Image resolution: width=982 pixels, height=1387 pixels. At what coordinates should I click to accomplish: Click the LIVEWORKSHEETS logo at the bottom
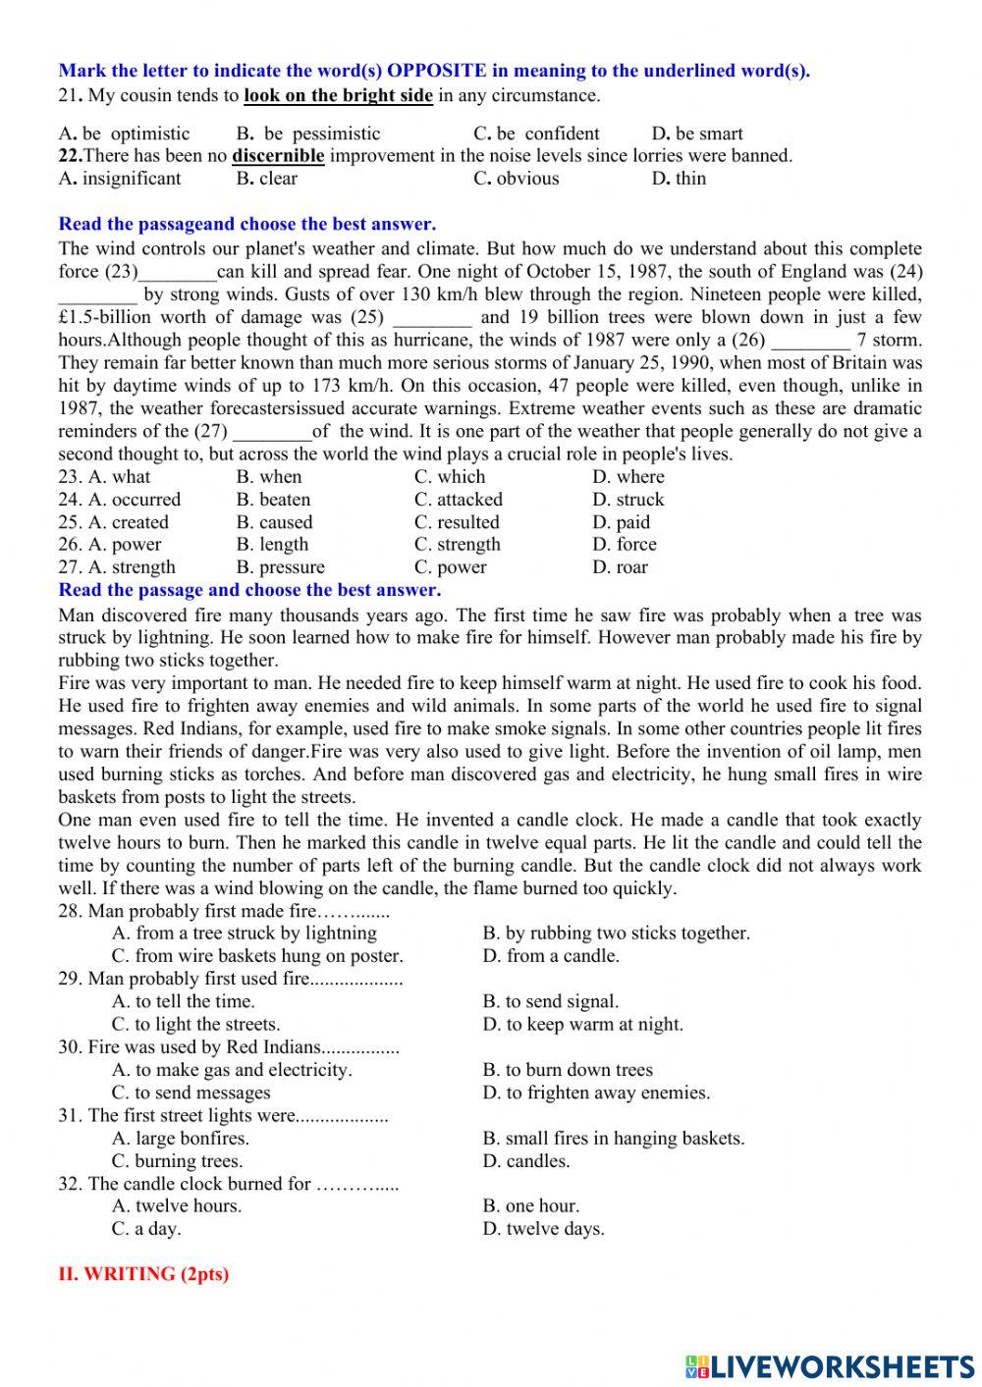[829, 1365]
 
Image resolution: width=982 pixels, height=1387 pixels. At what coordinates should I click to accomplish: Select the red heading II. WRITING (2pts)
[143, 1274]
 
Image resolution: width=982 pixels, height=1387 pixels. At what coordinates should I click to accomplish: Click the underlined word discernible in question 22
[278, 155]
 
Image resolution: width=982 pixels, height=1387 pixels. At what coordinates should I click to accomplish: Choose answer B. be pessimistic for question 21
[308, 133]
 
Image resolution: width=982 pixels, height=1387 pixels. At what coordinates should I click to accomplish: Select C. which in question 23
[450, 477]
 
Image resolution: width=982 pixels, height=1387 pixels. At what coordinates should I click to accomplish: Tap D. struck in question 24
[627, 500]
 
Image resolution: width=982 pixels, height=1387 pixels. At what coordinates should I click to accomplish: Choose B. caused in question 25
[274, 522]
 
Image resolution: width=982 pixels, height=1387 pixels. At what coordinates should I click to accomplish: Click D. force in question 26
[624, 545]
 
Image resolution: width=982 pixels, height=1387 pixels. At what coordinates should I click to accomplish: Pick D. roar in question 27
[620, 567]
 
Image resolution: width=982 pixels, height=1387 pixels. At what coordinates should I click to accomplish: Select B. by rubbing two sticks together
[616, 934]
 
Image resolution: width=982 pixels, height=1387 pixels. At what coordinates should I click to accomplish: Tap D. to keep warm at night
[582, 1025]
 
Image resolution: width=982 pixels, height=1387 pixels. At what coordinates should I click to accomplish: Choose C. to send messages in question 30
[191, 1093]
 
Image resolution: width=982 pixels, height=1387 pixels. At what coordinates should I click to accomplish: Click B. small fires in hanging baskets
[614, 1139]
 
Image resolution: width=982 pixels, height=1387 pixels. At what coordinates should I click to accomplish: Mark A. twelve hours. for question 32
[177, 1206]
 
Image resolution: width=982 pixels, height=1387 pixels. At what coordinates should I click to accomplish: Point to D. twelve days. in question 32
[543, 1229]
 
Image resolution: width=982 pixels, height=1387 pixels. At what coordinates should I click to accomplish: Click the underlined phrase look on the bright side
[338, 95]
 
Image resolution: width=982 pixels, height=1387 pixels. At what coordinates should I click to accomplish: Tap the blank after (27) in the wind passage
[271, 432]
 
